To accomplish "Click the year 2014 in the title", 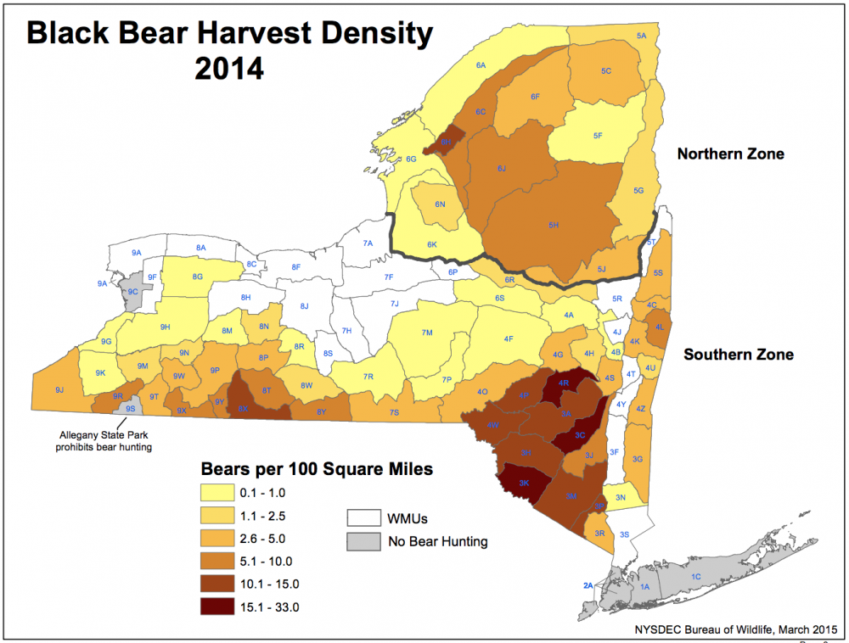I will pyautogui.click(x=229, y=68).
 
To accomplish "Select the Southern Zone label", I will pyautogui.click(x=739, y=354).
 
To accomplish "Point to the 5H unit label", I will pyautogui.click(x=554, y=225).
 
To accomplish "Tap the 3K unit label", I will pyautogui.click(x=525, y=483).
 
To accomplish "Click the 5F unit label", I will pyautogui.click(x=598, y=136).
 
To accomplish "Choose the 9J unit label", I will pyautogui.click(x=59, y=389).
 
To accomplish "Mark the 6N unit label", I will pyautogui.click(x=440, y=204).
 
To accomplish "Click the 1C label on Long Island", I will pyautogui.click(x=696, y=577).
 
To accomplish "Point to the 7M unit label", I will pyautogui.click(x=428, y=332).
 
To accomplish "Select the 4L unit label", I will pyautogui.click(x=660, y=327).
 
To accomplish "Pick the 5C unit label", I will pyautogui.click(x=606, y=71).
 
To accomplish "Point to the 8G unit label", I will pyautogui.click(x=198, y=277).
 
